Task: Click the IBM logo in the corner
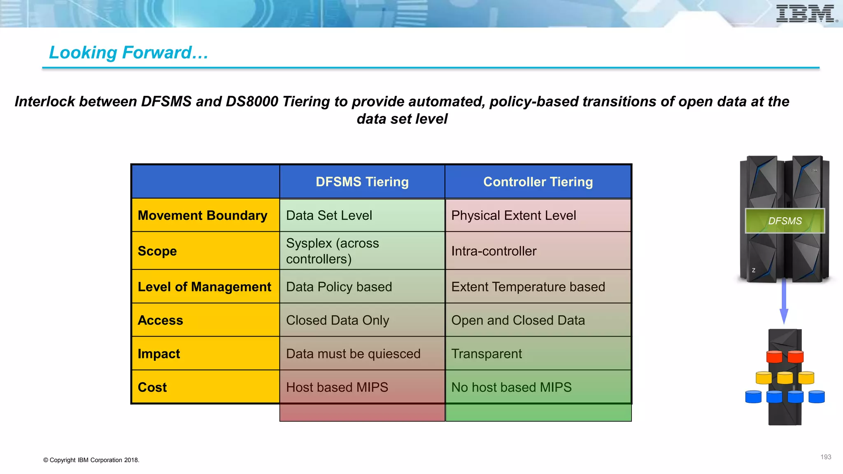(x=806, y=14)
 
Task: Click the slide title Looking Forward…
(x=128, y=53)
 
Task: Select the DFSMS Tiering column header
(x=362, y=181)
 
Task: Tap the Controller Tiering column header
(x=538, y=181)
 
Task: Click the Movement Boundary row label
(x=203, y=215)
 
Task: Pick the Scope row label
(x=157, y=251)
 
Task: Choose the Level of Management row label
(x=204, y=287)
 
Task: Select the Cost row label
(x=152, y=387)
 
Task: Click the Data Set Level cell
(x=329, y=215)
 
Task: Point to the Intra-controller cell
(x=494, y=251)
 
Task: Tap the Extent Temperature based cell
(x=528, y=287)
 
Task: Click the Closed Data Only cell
(x=337, y=320)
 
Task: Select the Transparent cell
(x=486, y=354)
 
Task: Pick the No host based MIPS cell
(x=511, y=387)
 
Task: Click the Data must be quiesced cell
(x=353, y=354)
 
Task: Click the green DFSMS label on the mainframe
(x=785, y=221)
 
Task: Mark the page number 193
(x=825, y=457)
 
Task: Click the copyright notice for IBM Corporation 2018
(x=91, y=460)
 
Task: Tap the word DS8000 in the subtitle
(x=252, y=102)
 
